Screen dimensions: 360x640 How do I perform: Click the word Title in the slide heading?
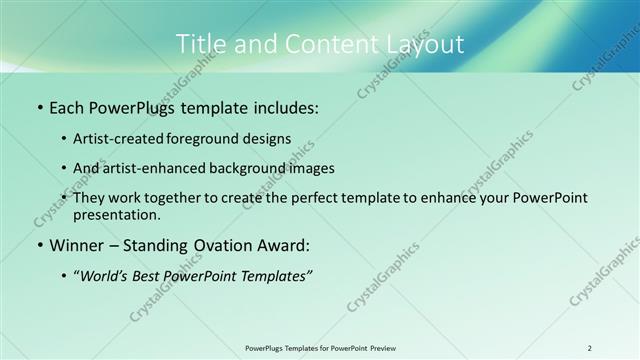tap(200, 44)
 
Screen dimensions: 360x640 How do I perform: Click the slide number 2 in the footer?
tap(590, 347)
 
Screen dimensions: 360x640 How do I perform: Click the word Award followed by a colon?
tap(286, 245)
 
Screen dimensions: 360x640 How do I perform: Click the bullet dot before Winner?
tap(38, 246)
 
